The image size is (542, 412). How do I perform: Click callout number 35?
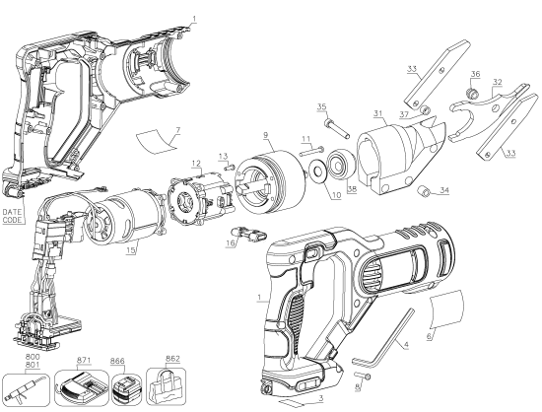click(321, 105)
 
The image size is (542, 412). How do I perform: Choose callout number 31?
click(376, 111)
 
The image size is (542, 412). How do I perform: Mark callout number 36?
click(475, 74)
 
